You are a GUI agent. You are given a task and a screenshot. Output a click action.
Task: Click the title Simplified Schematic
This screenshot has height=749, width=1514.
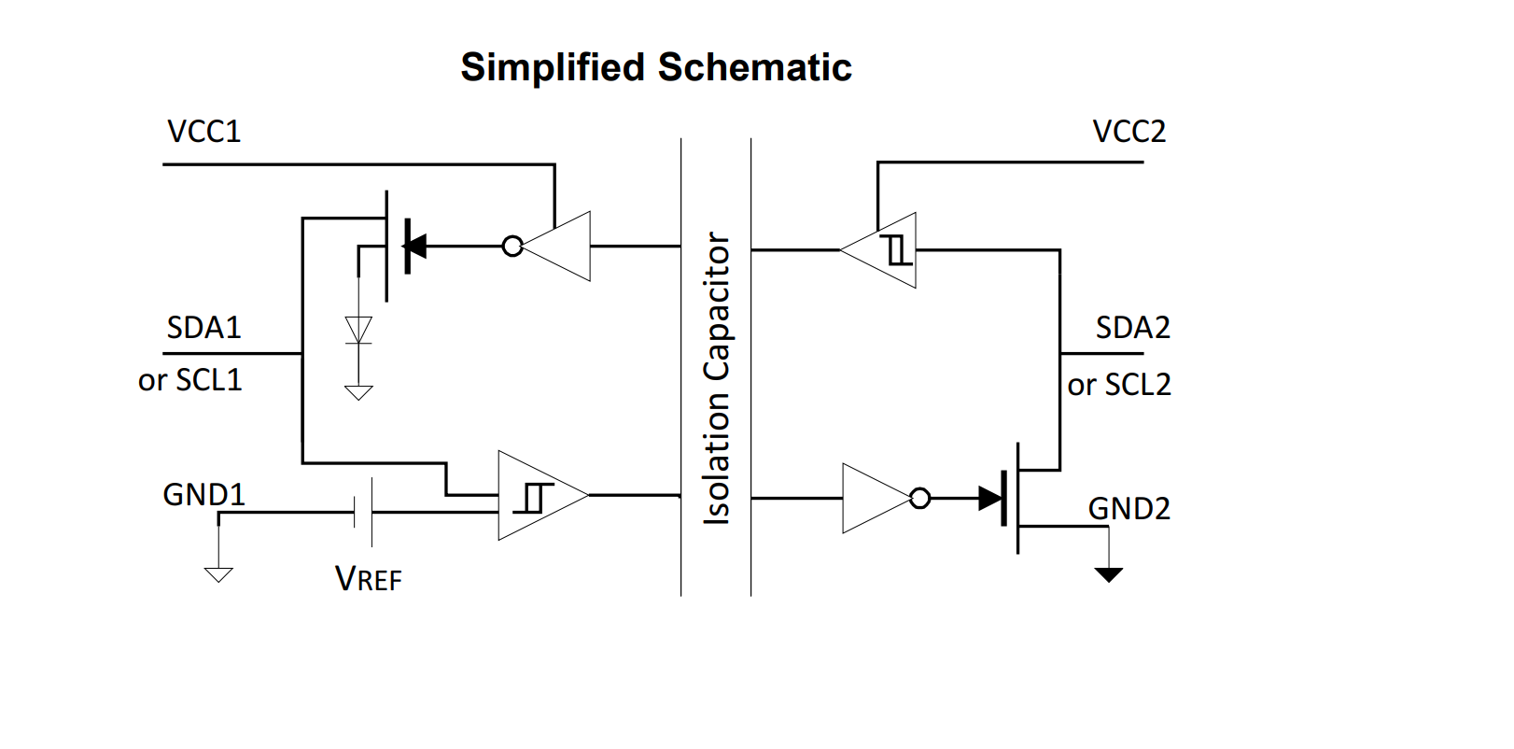pyautogui.click(x=655, y=67)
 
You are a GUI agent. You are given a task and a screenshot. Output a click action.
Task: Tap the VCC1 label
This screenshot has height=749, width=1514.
pyautogui.click(x=204, y=131)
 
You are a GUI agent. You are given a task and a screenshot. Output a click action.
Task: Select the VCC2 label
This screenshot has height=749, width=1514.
pyautogui.click(x=1129, y=131)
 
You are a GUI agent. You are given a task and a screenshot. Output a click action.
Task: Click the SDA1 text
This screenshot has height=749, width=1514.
pyautogui.click(x=204, y=328)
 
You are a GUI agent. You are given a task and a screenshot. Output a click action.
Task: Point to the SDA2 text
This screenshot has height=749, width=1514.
pyautogui.click(x=1133, y=328)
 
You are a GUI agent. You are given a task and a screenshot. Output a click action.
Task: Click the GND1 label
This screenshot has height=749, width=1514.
pyautogui.click(x=204, y=495)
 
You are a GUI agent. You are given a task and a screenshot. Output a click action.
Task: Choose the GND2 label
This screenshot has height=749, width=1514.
pyautogui.click(x=1129, y=508)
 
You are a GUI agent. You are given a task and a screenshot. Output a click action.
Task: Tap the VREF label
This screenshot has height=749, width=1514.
pyautogui.click(x=369, y=579)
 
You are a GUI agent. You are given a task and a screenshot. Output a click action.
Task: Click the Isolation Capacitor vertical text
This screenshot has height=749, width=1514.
pyautogui.click(x=717, y=378)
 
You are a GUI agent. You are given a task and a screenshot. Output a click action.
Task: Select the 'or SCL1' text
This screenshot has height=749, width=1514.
pyautogui.click(x=189, y=380)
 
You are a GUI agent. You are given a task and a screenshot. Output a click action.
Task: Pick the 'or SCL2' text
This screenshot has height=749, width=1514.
pyautogui.click(x=1119, y=385)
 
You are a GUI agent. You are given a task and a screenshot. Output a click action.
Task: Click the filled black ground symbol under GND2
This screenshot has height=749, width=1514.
pyautogui.click(x=1109, y=574)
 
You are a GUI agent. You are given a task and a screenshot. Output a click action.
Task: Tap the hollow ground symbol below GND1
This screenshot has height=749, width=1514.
pyautogui.click(x=219, y=574)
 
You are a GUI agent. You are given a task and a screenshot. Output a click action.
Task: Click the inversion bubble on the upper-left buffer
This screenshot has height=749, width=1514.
pyautogui.click(x=513, y=246)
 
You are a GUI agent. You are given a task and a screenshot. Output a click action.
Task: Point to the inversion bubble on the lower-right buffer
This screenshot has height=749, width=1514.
pyautogui.click(x=920, y=498)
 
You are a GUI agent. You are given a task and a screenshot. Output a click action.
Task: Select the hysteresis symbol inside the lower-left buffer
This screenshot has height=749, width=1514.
pyautogui.click(x=533, y=498)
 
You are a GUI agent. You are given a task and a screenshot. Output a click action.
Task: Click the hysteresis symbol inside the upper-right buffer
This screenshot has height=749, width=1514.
pyautogui.click(x=896, y=250)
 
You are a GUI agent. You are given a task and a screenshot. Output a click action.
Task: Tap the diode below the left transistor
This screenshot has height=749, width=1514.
pyautogui.click(x=358, y=331)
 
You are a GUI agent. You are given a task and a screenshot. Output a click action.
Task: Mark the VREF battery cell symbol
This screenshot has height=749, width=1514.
pyautogui.click(x=363, y=513)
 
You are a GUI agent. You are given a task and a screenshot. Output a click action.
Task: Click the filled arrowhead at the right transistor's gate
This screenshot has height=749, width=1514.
pyautogui.click(x=990, y=498)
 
